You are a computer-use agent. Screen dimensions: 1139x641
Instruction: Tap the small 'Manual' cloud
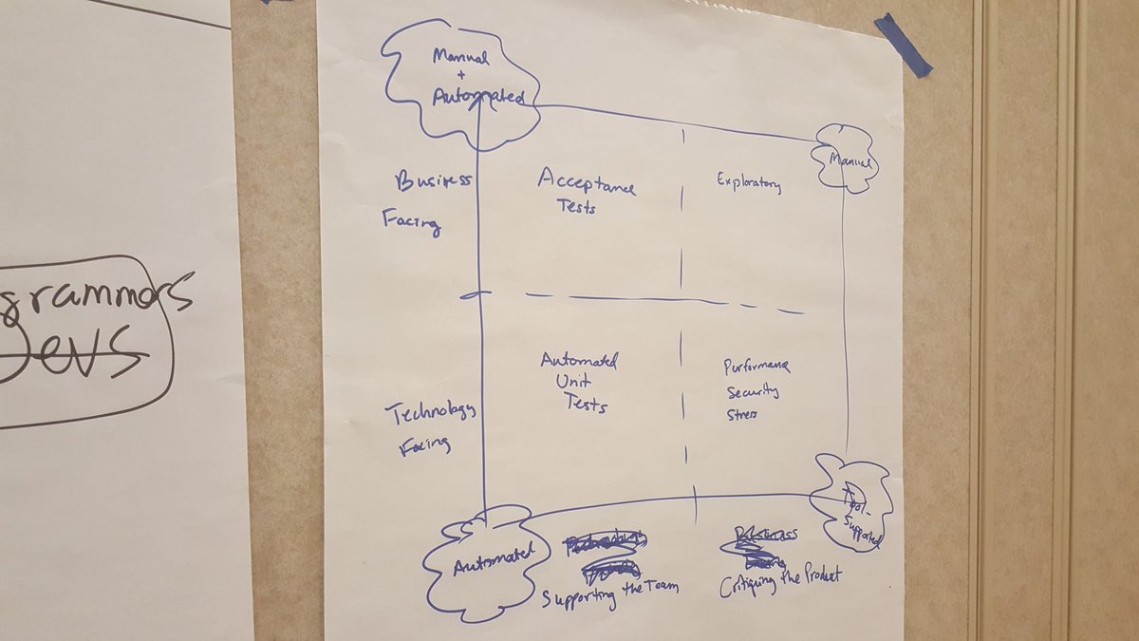click(844, 160)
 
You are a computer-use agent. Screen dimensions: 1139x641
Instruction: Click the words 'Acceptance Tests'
click(584, 191)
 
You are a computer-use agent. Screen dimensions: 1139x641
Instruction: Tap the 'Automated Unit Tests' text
click(580, 383)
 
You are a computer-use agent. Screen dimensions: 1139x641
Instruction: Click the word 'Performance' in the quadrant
click(756, 366)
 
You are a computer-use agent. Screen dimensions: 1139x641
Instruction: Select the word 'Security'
click(753, 391)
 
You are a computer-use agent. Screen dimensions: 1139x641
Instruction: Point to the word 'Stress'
click(743, 416)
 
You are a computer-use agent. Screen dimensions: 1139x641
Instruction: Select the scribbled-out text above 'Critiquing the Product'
click(764, 540)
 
